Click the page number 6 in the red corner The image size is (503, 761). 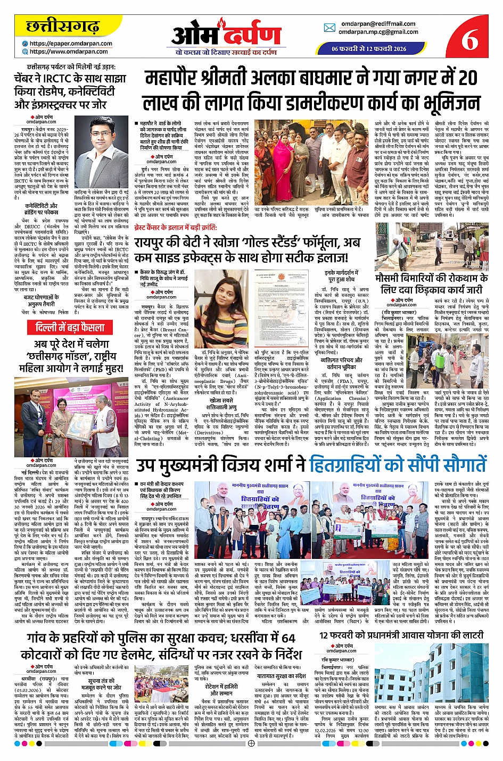point(469,38)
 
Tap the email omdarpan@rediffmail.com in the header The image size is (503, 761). point(378,24)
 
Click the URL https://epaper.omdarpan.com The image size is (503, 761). point(71,44)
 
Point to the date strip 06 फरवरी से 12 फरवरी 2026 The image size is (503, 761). point(368,49)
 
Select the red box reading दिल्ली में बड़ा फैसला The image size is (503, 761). point(73,327)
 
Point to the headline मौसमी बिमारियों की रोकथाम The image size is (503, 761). point(431,278)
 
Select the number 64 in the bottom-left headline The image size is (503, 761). point(288,638)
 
